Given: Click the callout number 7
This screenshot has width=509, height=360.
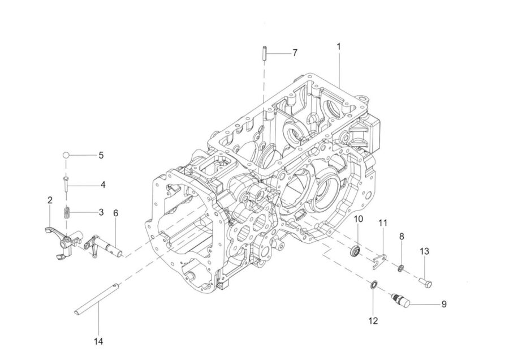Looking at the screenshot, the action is (295, 53).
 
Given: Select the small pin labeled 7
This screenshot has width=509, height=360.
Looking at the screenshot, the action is (264, 54).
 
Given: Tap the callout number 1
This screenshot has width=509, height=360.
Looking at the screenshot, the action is (339, 47).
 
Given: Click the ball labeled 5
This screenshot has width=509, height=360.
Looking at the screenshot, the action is (66, 155).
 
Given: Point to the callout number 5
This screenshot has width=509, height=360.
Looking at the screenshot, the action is (101, 155).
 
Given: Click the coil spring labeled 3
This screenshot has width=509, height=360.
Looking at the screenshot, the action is (66, 213).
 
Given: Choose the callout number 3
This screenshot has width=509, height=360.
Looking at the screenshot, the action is (101, 212).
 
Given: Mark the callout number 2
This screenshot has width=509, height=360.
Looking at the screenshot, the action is (50, 200).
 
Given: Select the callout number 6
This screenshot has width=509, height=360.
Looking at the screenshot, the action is (115, 213).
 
